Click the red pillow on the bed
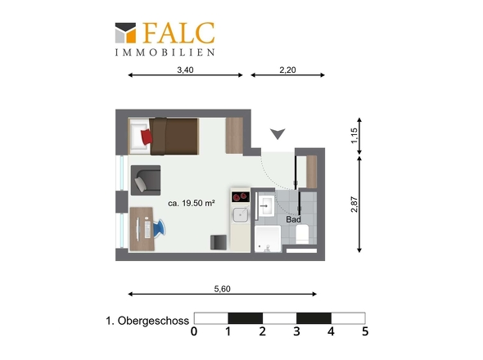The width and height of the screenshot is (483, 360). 146,135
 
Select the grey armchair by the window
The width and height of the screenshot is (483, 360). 147,181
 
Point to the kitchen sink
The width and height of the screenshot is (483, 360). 240,215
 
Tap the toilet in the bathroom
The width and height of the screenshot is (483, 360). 303,235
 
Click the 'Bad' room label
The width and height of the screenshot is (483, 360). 293,219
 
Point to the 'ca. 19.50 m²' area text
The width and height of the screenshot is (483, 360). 191,202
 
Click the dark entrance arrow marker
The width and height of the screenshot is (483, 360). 279,133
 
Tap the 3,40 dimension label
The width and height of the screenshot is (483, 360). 185,70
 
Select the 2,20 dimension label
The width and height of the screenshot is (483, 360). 287,70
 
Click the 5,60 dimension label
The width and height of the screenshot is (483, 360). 222,288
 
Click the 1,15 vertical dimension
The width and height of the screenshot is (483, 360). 354,136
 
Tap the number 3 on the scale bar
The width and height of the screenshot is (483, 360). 296,332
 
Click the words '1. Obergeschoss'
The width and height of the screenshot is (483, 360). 147,320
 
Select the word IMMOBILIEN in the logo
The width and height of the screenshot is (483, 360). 165,52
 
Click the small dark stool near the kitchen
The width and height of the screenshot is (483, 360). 219,241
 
